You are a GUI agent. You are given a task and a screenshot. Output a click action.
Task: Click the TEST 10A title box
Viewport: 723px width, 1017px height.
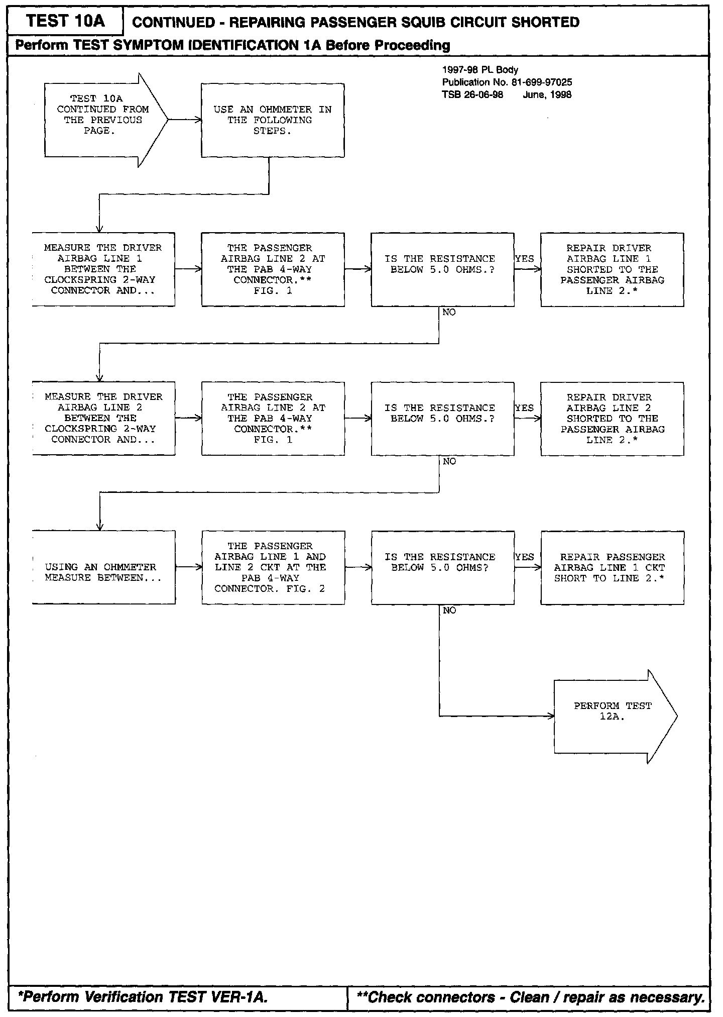[x=65, y=22]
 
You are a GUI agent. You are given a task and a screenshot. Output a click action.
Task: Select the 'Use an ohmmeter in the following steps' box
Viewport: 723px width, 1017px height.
[x=273, y=120]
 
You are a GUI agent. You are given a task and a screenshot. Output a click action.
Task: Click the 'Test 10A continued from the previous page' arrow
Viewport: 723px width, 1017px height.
[x=103, y=120]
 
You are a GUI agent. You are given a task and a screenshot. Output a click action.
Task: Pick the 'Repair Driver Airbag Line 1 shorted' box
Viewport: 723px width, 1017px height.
[x=612, y=269]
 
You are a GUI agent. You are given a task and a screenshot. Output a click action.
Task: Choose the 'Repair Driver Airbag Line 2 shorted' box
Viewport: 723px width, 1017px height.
[x=612, y=419]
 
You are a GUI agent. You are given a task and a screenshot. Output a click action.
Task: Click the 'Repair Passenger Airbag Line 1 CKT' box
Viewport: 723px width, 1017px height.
[x=612, y=568]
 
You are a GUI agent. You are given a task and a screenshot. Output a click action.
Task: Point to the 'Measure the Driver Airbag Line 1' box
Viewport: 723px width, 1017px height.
[x=103, y=269]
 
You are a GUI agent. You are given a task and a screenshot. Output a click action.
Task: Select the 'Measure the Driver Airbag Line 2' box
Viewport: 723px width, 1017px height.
[x=103, y=419]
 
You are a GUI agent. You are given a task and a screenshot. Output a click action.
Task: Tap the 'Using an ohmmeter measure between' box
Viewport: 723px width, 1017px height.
[x=103, y=568]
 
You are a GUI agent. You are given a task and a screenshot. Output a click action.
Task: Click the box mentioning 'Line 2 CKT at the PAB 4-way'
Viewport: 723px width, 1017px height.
[x=273, y=568]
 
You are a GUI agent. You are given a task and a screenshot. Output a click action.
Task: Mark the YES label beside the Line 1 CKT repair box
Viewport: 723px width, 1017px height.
[x=525, y=557]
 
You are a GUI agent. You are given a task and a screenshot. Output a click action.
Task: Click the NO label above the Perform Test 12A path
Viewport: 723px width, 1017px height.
[x=449, y=611]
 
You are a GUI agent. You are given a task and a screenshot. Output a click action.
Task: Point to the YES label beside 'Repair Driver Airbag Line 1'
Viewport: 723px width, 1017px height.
[x=525, y=259]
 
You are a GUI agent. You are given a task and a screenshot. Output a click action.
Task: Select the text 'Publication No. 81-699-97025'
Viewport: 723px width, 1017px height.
[x=507, y=82]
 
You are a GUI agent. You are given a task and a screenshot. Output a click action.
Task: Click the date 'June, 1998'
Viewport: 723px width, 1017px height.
[x=547, y=95]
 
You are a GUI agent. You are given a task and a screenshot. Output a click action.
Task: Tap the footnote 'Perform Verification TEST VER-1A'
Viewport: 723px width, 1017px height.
[x=143, y=997]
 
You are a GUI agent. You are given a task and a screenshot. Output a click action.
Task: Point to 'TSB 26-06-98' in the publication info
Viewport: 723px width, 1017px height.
[x=472, y=95]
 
